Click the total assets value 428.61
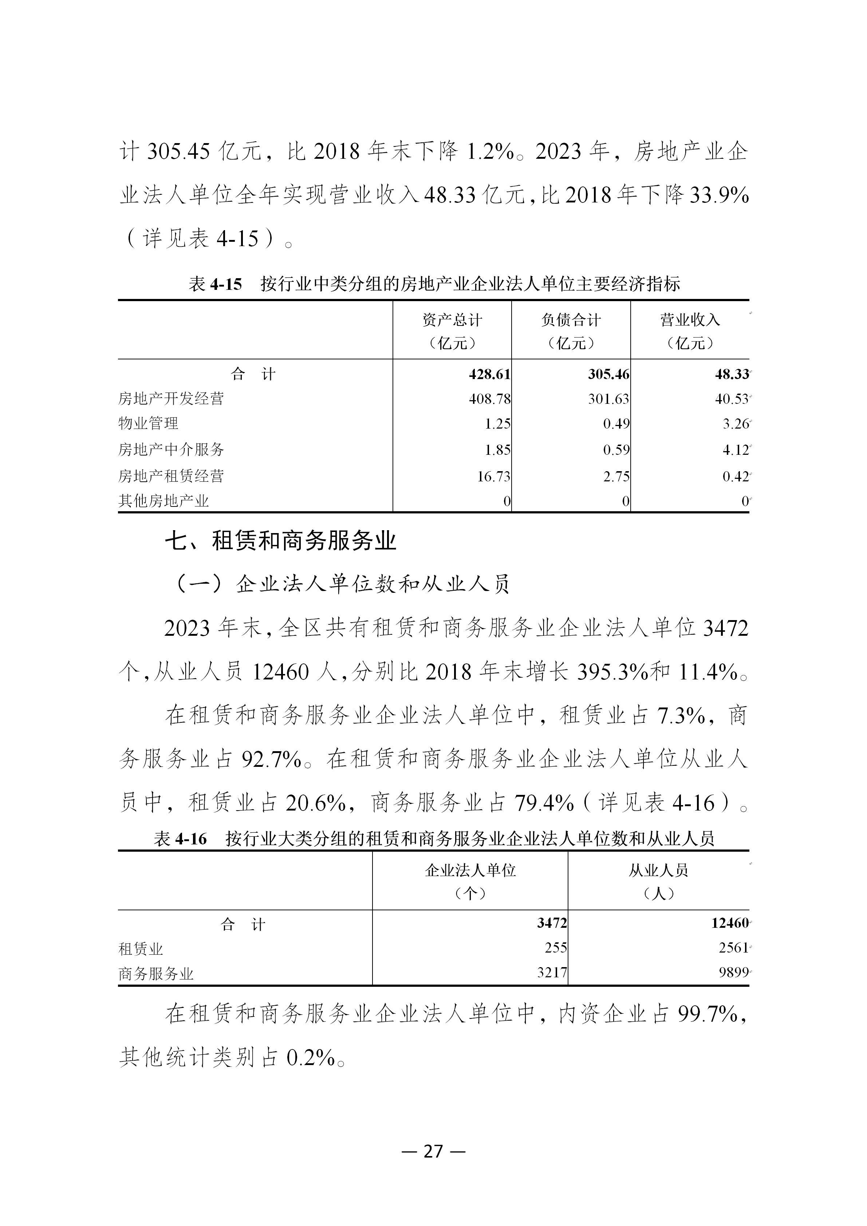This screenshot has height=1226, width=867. [x=489, y=374]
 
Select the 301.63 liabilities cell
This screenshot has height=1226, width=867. [x=608, y=399]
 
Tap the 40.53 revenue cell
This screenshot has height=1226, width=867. [x=732, y=399]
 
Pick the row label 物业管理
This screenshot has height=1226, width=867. [x=149, y=423]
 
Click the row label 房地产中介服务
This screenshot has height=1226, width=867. [x=171, y=450]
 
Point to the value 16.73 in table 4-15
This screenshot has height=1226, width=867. [x=493, y=476]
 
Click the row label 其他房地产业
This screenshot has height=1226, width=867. [x=163, y=501]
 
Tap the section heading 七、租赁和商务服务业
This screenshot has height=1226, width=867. [x=280, y=541]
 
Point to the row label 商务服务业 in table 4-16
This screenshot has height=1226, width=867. [x=156, y=974]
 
